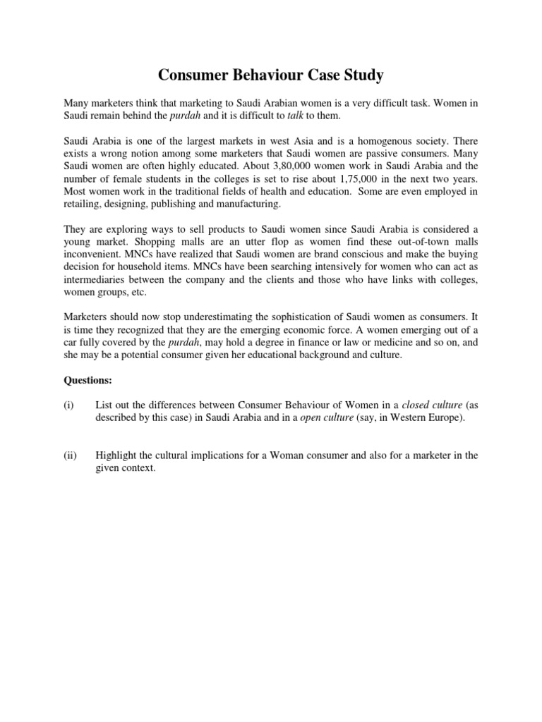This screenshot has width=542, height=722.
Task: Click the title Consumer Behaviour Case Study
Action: pos(270,74)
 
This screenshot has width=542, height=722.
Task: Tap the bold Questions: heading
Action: pos(88,379)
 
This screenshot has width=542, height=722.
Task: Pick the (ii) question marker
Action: pos(70,455)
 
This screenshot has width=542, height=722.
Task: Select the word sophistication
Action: pos(279,329)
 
